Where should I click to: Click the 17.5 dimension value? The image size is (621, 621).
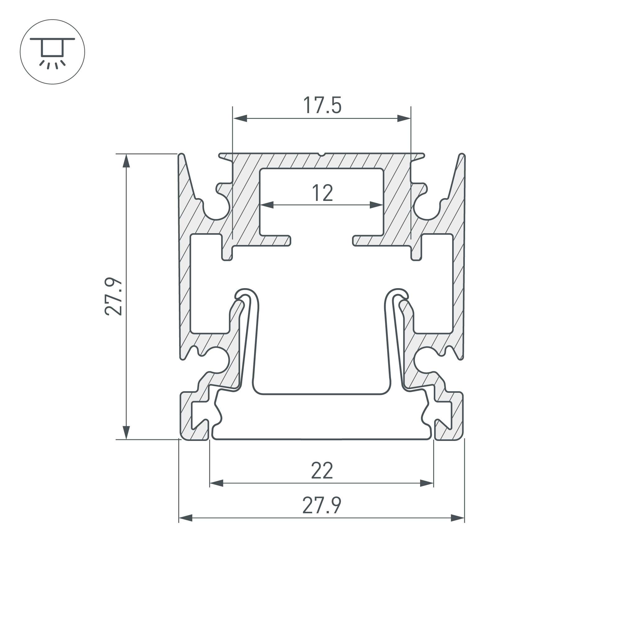[322, 105]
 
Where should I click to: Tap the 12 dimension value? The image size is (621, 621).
[322, 193]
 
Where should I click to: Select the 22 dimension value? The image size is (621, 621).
[322, 471]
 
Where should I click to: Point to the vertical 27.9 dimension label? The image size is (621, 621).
[113, 296]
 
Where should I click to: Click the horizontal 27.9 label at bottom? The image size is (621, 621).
[322, 505]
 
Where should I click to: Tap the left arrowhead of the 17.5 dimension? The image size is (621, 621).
[240, 118]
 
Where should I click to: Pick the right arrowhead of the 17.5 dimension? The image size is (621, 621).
[404, 118]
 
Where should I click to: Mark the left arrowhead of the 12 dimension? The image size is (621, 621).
[267, 205]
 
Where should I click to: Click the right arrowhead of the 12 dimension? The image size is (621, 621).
[376, 205]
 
